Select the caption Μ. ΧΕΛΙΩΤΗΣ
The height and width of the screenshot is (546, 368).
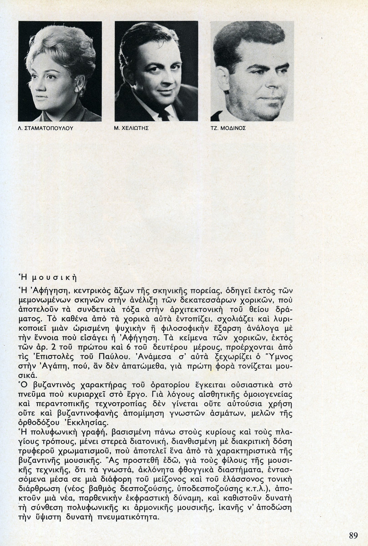pos(131,129)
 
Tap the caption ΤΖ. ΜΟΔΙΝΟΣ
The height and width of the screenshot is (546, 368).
pos(228,129)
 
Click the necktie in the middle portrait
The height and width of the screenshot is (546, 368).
pos(163,114)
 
